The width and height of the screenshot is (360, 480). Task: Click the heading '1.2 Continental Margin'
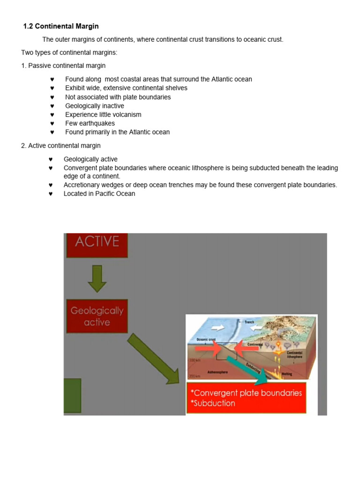click(x=61, y=26)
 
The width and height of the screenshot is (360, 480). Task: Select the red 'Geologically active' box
click(x=97, y=316)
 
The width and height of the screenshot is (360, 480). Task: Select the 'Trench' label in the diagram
click(x=249, y=322)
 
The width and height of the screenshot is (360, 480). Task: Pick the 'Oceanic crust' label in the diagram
click(x=205, y=340)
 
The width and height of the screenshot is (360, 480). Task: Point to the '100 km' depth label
click(x=195, y=360)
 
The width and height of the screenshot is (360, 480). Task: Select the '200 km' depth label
click(x=195, y=376)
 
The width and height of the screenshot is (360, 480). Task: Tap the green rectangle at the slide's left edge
click(x=72, y=396)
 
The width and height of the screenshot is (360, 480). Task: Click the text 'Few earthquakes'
click(x=90, y=123)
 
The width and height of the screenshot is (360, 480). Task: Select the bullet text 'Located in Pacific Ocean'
click(x=99, y=194)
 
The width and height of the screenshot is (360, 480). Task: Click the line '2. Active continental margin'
click(x=60, y=146)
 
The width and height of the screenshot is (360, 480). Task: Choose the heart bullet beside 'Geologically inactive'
click(x=52, y=106)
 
